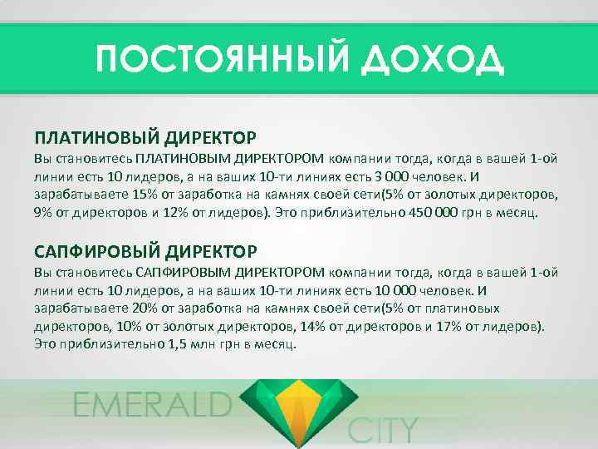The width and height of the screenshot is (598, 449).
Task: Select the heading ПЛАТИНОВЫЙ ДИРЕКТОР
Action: click(x=145, y=136)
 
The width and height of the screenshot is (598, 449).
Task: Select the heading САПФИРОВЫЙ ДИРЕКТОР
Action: click(x=145, y=250)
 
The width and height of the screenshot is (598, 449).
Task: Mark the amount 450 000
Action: click(x=430, y=213)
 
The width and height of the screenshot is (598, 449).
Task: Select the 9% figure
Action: click(x=42, y=213)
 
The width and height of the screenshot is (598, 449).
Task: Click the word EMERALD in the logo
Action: click(x=152, y=405)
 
